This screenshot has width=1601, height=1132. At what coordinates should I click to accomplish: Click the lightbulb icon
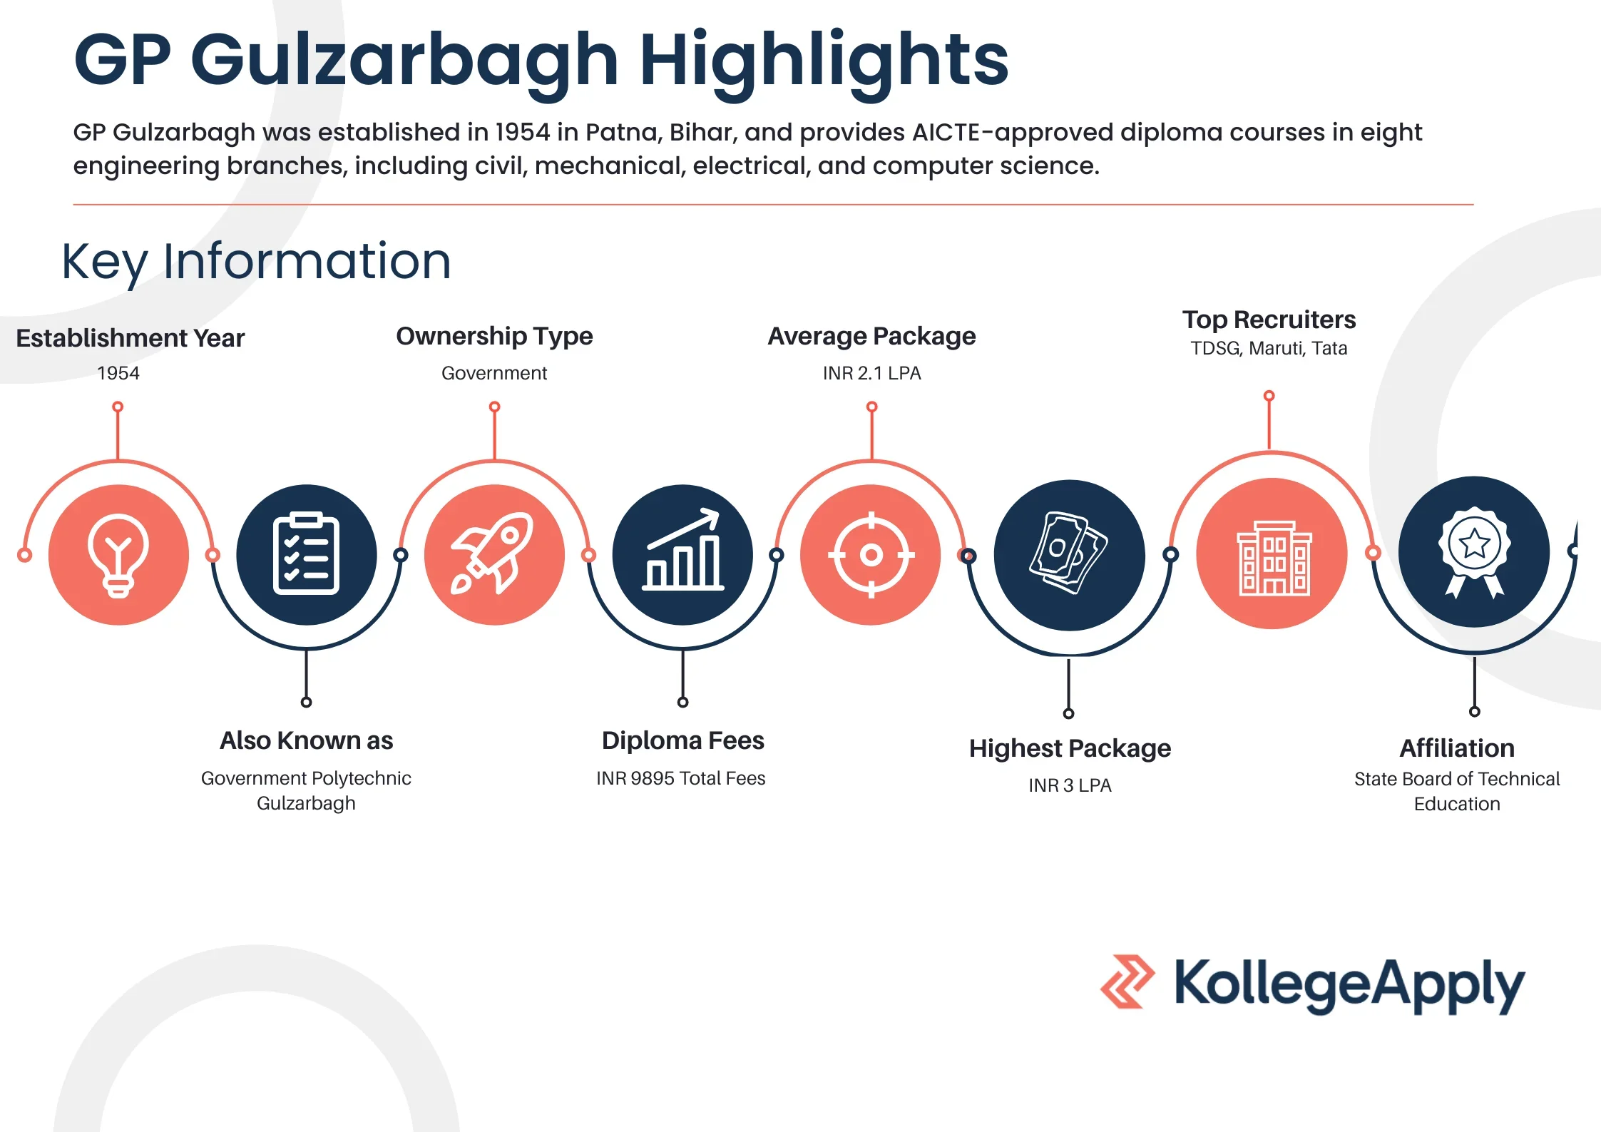tap(118, 555)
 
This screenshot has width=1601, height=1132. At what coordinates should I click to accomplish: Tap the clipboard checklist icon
tap(306, 554)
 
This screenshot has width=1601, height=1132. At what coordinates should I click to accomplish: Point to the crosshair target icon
tap(871, 554)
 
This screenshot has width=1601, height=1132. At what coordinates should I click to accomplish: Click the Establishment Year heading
tap(130, 338)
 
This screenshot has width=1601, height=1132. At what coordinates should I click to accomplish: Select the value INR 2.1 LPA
tap(871, 373)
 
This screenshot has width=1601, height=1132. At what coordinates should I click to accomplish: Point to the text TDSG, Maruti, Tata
tap(1269, 348)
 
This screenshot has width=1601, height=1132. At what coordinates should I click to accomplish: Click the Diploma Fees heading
tap(682, 740)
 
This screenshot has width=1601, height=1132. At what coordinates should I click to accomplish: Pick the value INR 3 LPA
tap(1070, 785)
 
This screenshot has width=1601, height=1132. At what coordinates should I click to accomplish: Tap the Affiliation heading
tap(1457, 748)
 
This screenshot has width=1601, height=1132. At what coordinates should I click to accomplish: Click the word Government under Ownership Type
tap(494, 373)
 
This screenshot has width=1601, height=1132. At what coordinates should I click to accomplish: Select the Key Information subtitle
tap(257, 262)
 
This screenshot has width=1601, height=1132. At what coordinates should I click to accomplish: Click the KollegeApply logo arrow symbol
tap(1127, 981)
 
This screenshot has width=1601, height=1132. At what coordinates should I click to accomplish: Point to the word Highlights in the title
tap(824, 61)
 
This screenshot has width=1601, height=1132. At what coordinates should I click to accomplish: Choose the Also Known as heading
tap(306, 740)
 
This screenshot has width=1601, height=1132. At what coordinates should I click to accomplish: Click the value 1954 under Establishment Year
tap(118, 373)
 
